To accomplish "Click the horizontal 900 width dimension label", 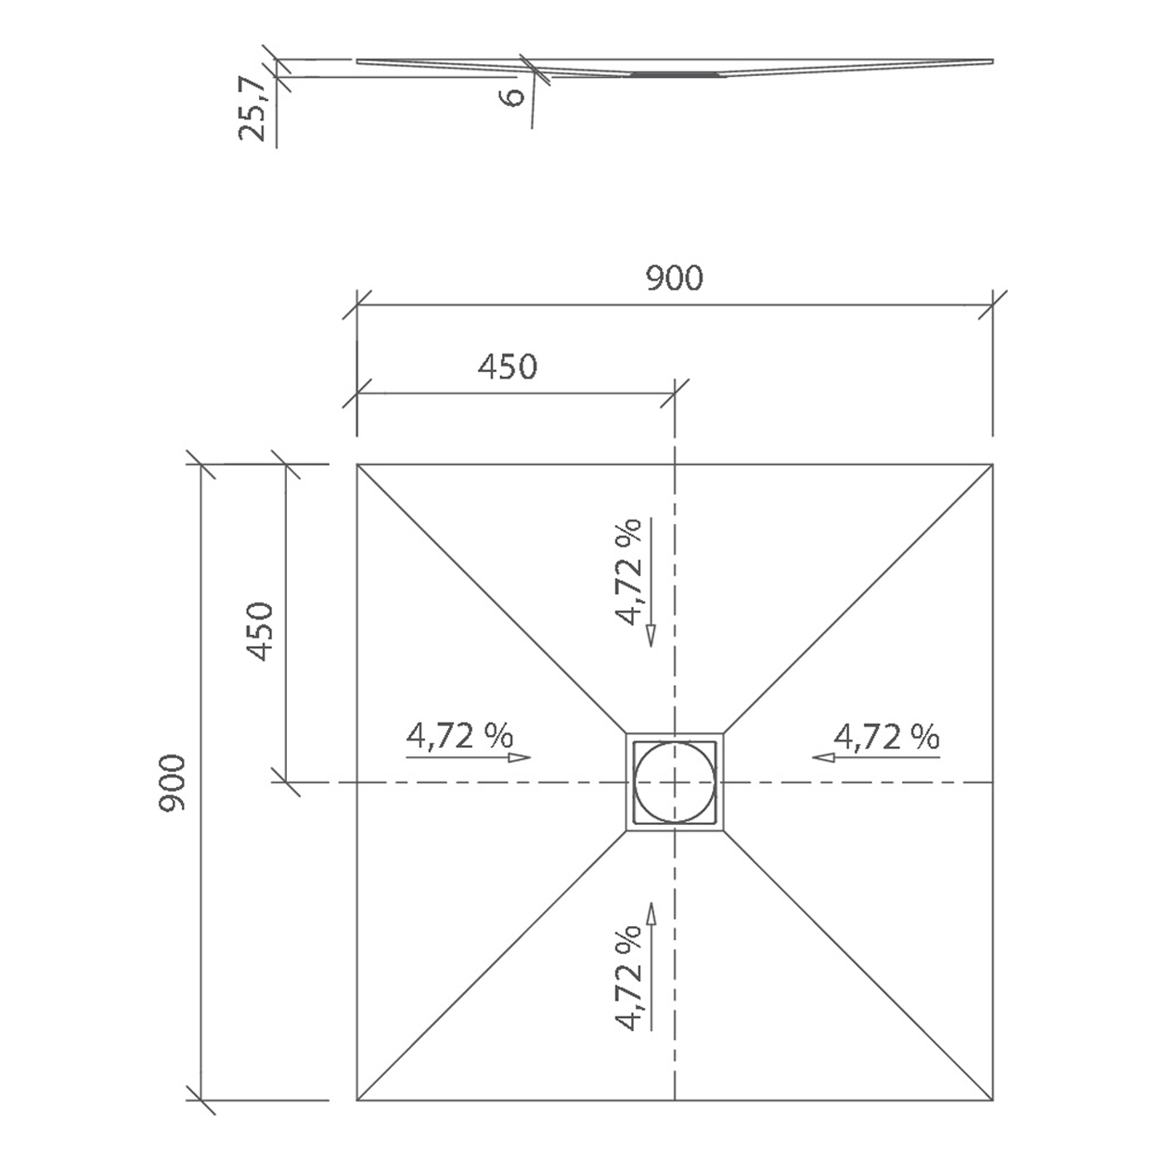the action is pyautogui.click(x=674, y=278).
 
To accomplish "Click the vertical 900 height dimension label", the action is pyautogui.click(x=173, y=782).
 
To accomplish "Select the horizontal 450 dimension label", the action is pyautogui.click(x=507, y=367).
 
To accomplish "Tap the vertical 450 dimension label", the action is pyautogui.click(x=260, y=631).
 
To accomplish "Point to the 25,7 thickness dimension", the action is pyautogui.click(x=251, y=110).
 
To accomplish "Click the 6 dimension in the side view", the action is pyautogui.click(x=513, y=97).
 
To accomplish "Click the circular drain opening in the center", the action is pyautogui.click(x=675, y=782).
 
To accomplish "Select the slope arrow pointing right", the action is pyautogui.click(x=469, y=757).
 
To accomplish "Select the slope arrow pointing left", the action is pyautogui.click(x=876, y=757).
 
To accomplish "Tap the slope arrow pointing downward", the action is pyautogui.click(x=651, y=582).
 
